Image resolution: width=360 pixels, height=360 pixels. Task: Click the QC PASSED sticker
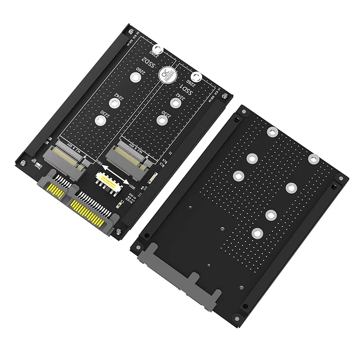pos(169,74)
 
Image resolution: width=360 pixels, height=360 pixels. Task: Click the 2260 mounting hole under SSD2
pos(135,77)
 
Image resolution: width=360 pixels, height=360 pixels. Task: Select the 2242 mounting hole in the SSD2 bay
pos(115,103)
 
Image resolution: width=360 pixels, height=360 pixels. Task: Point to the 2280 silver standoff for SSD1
pos(196,77)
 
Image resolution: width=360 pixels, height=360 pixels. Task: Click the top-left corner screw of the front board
pos(130,31)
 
